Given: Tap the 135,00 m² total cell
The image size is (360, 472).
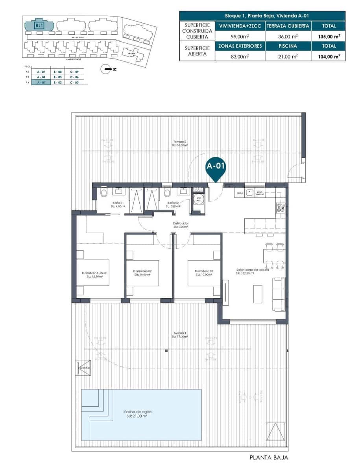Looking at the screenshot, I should (x=329, y=36).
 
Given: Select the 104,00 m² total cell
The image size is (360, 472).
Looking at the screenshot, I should (x=329, y=56).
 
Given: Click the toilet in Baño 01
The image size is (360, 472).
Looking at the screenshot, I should (x=104, y=192).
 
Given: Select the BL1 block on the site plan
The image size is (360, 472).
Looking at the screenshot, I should (x=39, y=26).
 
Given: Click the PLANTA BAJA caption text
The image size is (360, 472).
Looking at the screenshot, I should (x=269, y=457).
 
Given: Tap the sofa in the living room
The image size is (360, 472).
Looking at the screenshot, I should (x=279, y=293).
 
